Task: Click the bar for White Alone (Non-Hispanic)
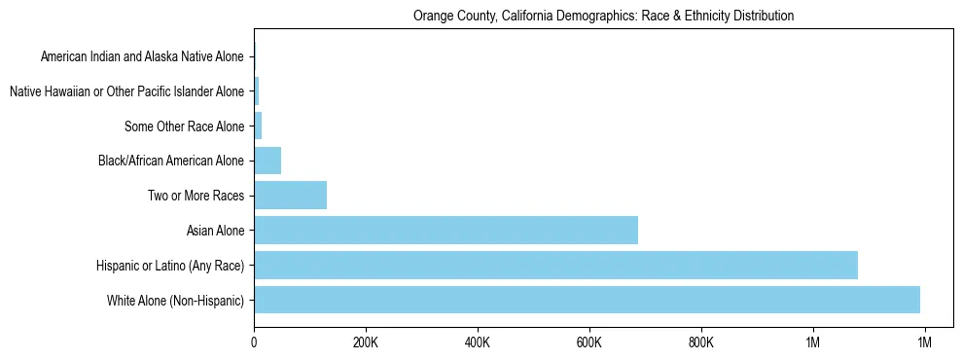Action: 587,300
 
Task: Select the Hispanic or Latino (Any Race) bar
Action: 555,265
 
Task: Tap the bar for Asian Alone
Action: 445,230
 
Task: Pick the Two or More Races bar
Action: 290,195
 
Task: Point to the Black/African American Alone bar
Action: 267,161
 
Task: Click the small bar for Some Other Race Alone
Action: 258,126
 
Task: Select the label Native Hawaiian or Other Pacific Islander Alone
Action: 126,91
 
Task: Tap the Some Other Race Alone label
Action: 185,126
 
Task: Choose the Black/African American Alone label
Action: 171,161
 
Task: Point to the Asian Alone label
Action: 216,231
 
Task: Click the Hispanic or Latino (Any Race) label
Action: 170,266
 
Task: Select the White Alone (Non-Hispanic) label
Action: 176,301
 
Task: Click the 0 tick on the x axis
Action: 254,342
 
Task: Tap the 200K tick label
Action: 366,342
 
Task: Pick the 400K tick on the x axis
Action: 478,342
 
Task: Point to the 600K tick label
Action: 589,342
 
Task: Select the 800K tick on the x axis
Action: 701,342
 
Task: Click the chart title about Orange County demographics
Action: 603,17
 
